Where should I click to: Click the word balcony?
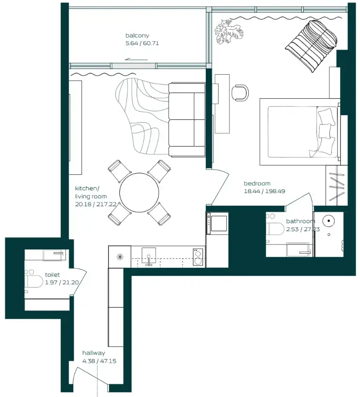[x=137, y=36]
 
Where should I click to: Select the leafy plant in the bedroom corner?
[x=225, y=31]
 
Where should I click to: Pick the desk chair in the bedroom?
[x=240, y=92]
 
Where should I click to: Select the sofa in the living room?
[x=187, y=119]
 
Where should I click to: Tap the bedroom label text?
[x=257, y=183]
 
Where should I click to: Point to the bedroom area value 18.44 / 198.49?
[x=264, y=191]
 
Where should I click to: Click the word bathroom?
[x=300, y=221]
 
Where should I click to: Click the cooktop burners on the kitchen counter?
[x=198, y=257]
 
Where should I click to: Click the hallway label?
[x=94, y=353]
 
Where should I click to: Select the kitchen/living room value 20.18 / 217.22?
[x=96, y=205]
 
